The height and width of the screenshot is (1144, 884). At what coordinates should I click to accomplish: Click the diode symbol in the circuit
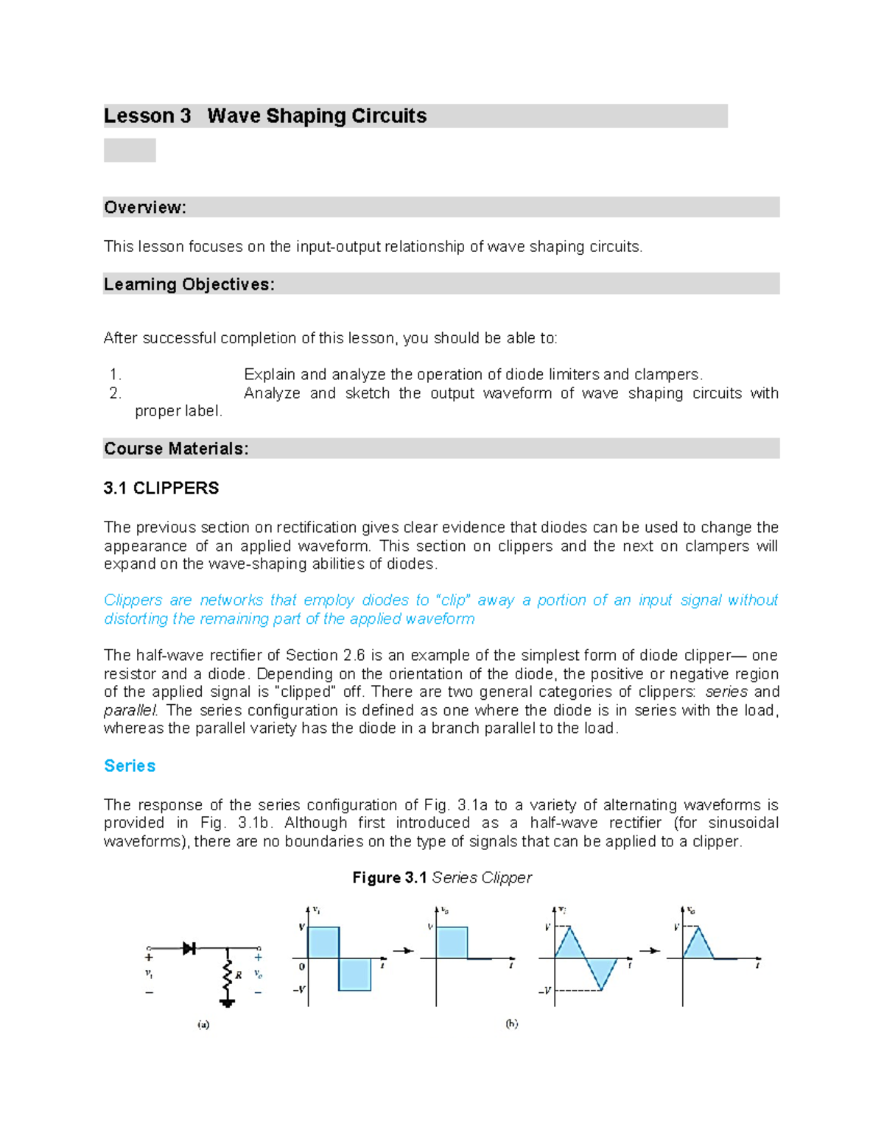click(x=189, y=948)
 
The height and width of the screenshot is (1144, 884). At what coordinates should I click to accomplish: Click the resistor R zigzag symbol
click(x=228, y=975)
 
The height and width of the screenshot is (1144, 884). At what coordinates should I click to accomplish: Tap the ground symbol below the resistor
click(x=228, y=1003)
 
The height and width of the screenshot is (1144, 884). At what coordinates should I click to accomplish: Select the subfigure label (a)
click(x=203, y=1024)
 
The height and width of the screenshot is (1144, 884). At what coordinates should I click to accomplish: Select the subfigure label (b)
click(x=511, y=1023)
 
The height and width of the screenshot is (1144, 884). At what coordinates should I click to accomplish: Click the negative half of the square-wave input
click(x=354, y=974)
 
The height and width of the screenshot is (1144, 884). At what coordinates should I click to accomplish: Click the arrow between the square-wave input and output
click(x=403, y=951)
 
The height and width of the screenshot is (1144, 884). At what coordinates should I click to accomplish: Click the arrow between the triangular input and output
click(x=649, y=951)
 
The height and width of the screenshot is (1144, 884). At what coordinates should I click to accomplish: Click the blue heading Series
click(x=130, y=766)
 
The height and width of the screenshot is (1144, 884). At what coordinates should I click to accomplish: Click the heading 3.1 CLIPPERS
click(x=161, y=488)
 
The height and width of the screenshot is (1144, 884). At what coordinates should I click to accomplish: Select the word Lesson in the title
click(x=138, y=116)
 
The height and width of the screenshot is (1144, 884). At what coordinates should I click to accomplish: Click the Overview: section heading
click(x=145, y=208)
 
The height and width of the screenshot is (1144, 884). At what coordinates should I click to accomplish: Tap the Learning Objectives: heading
click(x=189, y=284)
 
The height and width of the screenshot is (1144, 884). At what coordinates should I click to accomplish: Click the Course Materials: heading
click(x=176, y=449)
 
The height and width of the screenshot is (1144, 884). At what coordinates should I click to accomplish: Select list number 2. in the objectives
click(x=115, y=393)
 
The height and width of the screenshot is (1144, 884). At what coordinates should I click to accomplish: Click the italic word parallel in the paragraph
click(x=130, y=710)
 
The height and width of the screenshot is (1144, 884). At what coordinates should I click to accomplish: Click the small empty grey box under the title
click(x=130, y=150)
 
